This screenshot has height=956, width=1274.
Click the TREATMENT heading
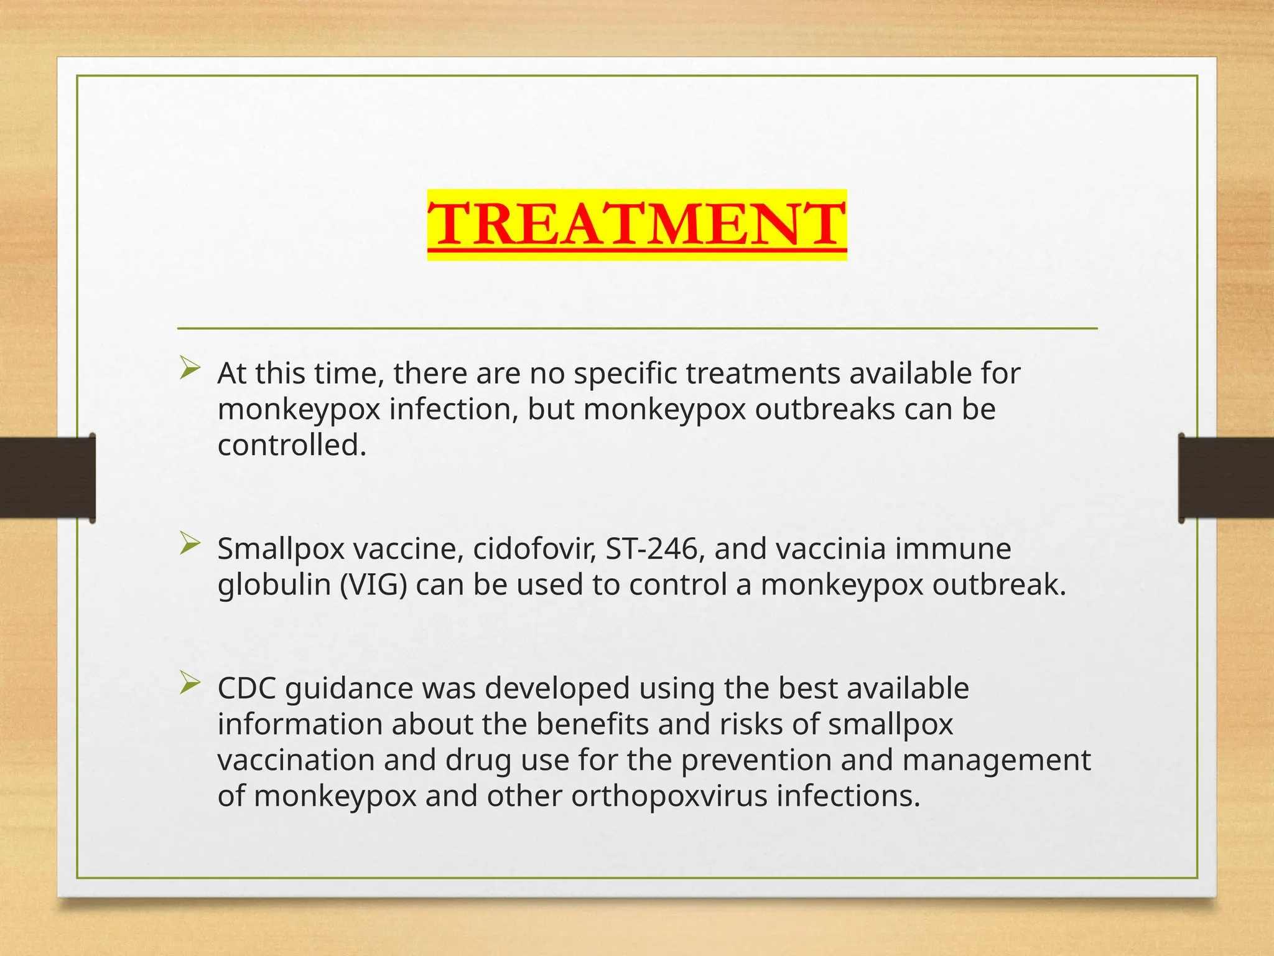coord(637,224)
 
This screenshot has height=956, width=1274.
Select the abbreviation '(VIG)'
coord(373,585)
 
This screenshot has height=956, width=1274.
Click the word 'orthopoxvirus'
coord(669,797)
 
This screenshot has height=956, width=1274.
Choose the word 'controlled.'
coord(292,446)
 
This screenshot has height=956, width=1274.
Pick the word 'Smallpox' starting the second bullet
coord(281,549)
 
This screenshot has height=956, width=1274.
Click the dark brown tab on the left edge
coord(47,477)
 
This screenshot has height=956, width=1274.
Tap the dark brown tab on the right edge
coord(1226,477)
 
